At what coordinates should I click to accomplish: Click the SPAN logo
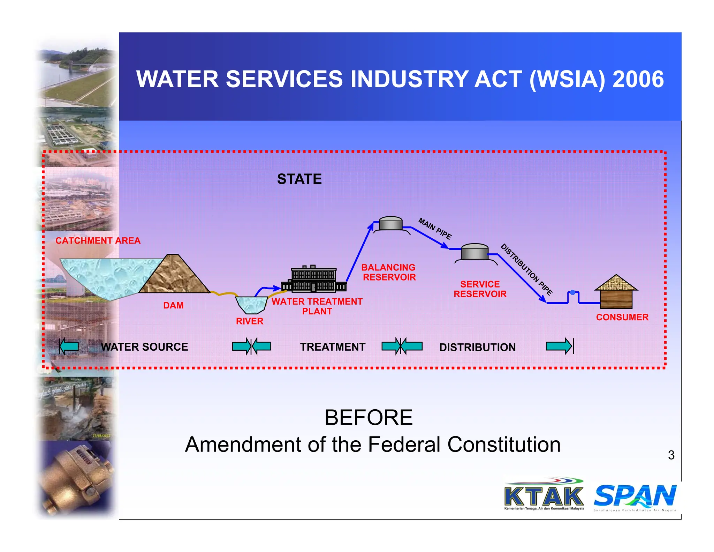coord(635,496)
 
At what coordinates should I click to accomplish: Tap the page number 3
coord(671,455)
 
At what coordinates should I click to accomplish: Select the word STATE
coord(299,179)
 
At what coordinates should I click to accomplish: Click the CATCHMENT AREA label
coord(98,241)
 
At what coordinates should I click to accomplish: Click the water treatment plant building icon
coord(314,279)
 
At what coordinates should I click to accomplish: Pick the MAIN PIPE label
coord(435,229)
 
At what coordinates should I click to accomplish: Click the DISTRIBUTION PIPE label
coord(526,269)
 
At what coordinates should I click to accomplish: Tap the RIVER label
coord(250,321)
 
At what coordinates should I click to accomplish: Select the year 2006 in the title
coord(638,79)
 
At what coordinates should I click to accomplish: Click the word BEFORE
coord(369,418)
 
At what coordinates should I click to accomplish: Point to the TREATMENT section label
coord(333,347)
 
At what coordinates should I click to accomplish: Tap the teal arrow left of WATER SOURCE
coord(69,346)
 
